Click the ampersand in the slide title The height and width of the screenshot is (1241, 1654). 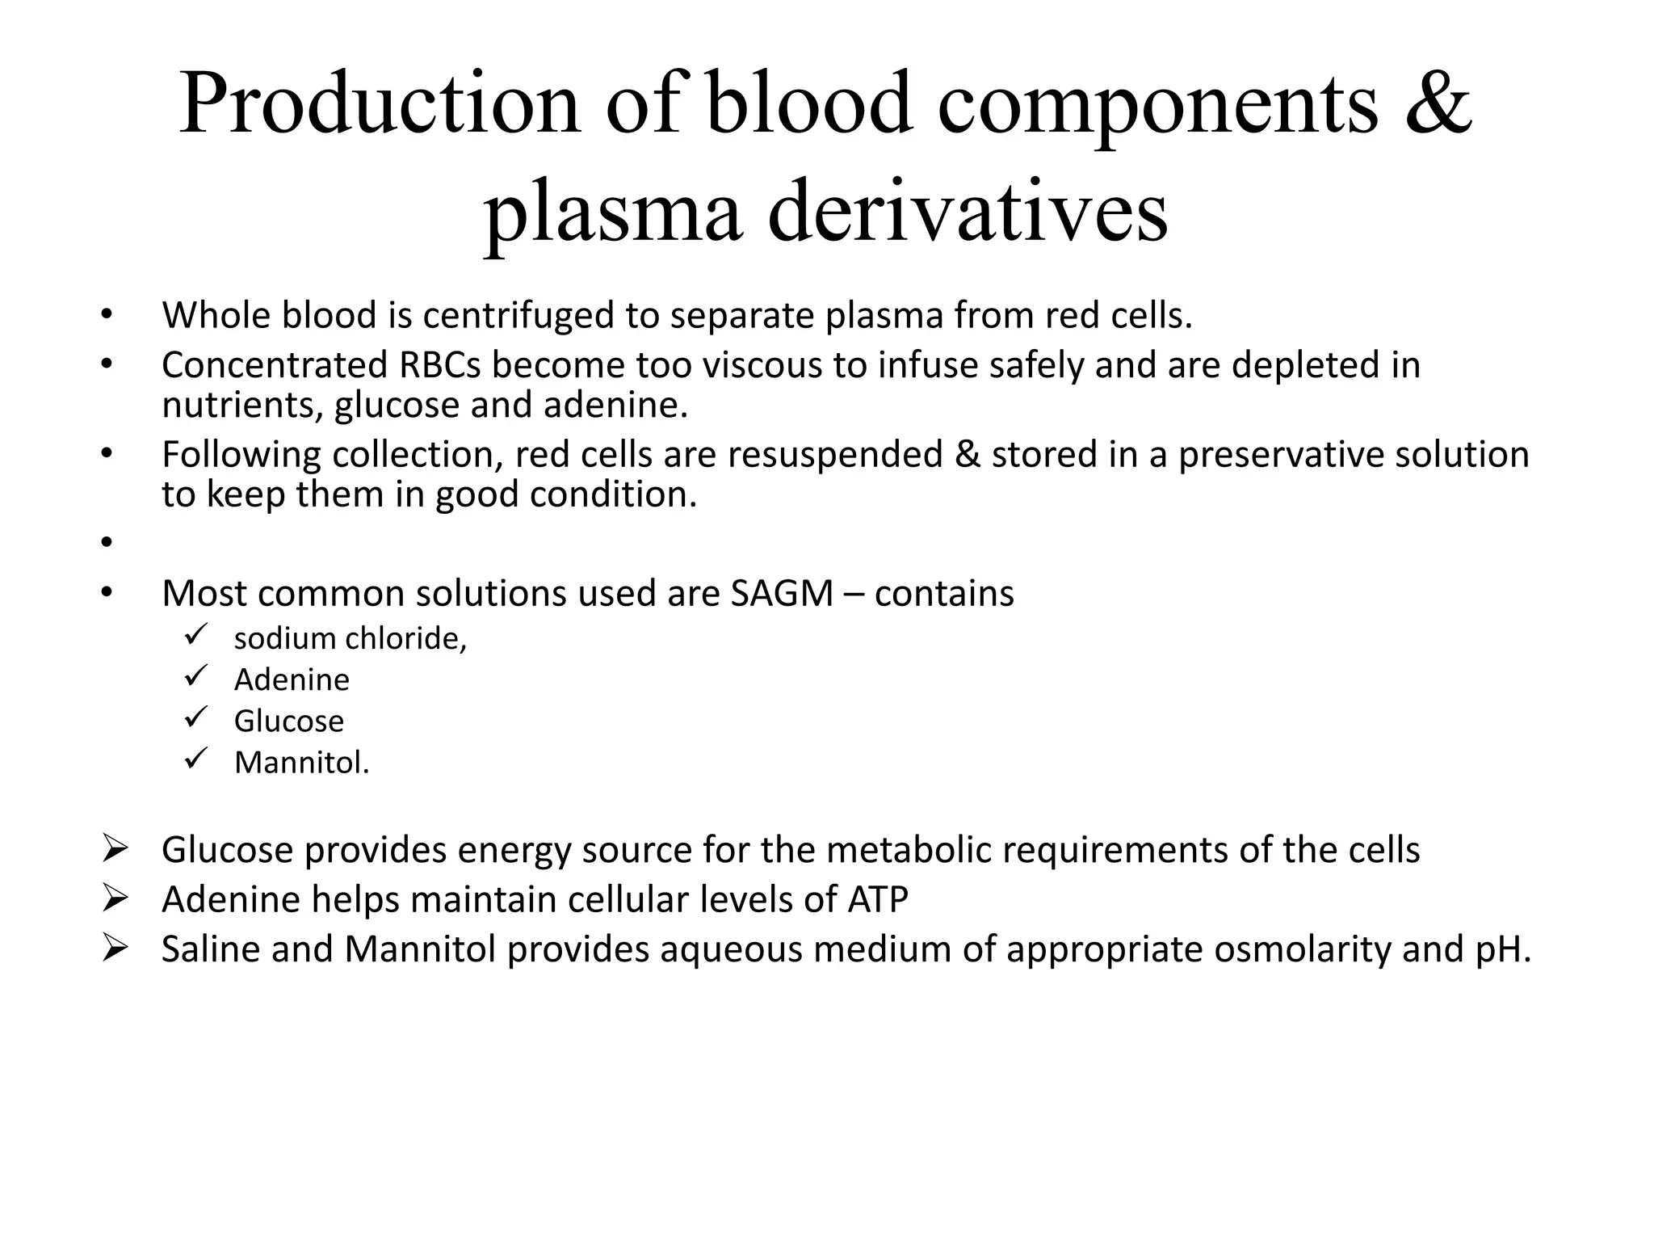[1438, 103]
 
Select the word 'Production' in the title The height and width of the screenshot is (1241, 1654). [379, 103]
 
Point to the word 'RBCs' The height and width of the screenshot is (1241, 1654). [439, 365]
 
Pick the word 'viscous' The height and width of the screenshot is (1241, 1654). [762, 365]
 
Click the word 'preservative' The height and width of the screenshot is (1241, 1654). [1281, 455]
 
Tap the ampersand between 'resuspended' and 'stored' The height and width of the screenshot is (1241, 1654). [967, 455]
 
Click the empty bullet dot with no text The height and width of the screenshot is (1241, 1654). [106, 543]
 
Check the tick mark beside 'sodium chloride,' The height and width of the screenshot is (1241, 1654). [196, 635]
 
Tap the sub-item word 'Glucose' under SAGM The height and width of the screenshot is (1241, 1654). [288, 721]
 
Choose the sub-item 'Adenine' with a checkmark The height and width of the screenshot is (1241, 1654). [292, 680]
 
